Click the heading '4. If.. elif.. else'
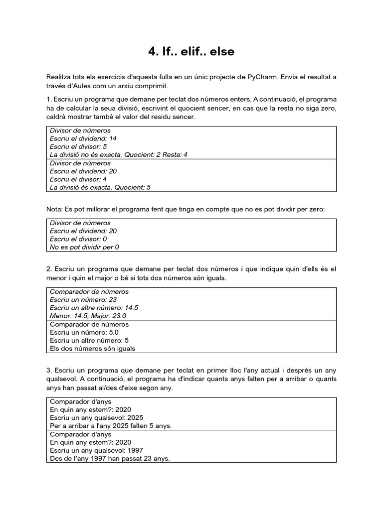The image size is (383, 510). pyautogui.click(x=191, y=51)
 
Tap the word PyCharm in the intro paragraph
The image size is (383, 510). pyautogui.click(x=262, y=77)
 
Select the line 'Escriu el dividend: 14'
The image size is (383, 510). pyautogui.click(x=83, y=138)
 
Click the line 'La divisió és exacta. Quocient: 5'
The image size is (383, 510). pyautogui.click(x=100, y=187)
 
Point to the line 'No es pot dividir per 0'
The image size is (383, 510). pyautogui.click(x=85, y=247)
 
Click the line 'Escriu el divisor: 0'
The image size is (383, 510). pyautogui.click(x=78, y=239)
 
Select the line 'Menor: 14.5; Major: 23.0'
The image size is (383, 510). pyautogui.click(x=88, y=315)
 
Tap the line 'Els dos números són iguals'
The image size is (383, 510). pyautogui.click(x=93, y=348)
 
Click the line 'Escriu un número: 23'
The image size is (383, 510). pyautogui.click(x=83, y=299)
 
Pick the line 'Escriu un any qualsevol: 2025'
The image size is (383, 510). pyautogui.click(x=100, y=417)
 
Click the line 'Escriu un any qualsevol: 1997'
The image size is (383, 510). pyautogui.click(x=100, y=450)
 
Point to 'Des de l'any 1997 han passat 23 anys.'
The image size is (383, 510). pyautogui.click(x=110, y=458)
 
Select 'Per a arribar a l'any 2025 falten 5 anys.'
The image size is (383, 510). pyautogui.click(x=114, y=426)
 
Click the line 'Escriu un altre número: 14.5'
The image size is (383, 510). pyautogui.click(x=94, y=307)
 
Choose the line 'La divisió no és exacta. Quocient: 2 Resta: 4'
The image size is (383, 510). pyautogui.click(x=119, y=155)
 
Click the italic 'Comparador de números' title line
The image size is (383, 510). pyautogui.click(x=89, y=291)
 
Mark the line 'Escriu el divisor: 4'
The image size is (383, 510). pyautogui.click(x=78, y=179)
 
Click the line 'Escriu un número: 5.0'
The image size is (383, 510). pyautogui.click(x=84, y=332)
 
